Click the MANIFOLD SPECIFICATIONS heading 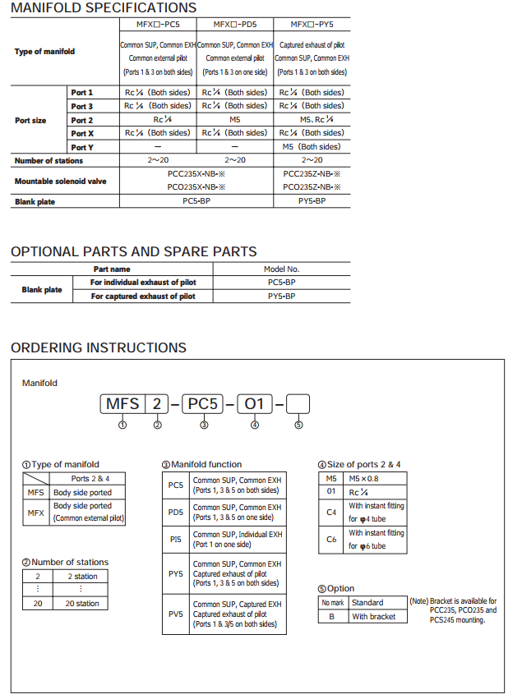tap(104, 8)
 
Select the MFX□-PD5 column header tap(234, 25)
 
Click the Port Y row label tap(81, 147)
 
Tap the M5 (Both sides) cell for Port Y tap(312, 147)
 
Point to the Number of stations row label tap(49, 160)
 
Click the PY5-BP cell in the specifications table tap(312, 201)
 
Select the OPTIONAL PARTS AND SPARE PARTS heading tap(133, 252)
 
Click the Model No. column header tap(281, 269)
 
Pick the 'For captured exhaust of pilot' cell tap(143, 297)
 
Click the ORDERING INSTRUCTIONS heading tap(99, 348)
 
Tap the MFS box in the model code tap(122, 404)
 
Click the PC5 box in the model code tap(203, 404)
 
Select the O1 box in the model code tap(255, 404)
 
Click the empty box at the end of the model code tap(298, 404)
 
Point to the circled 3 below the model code tap(204, 425)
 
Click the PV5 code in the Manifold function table tap(175, 614)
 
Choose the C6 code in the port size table tap(331, 539)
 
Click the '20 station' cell tap(81, 604)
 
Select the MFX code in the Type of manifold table tap(35, 513)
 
